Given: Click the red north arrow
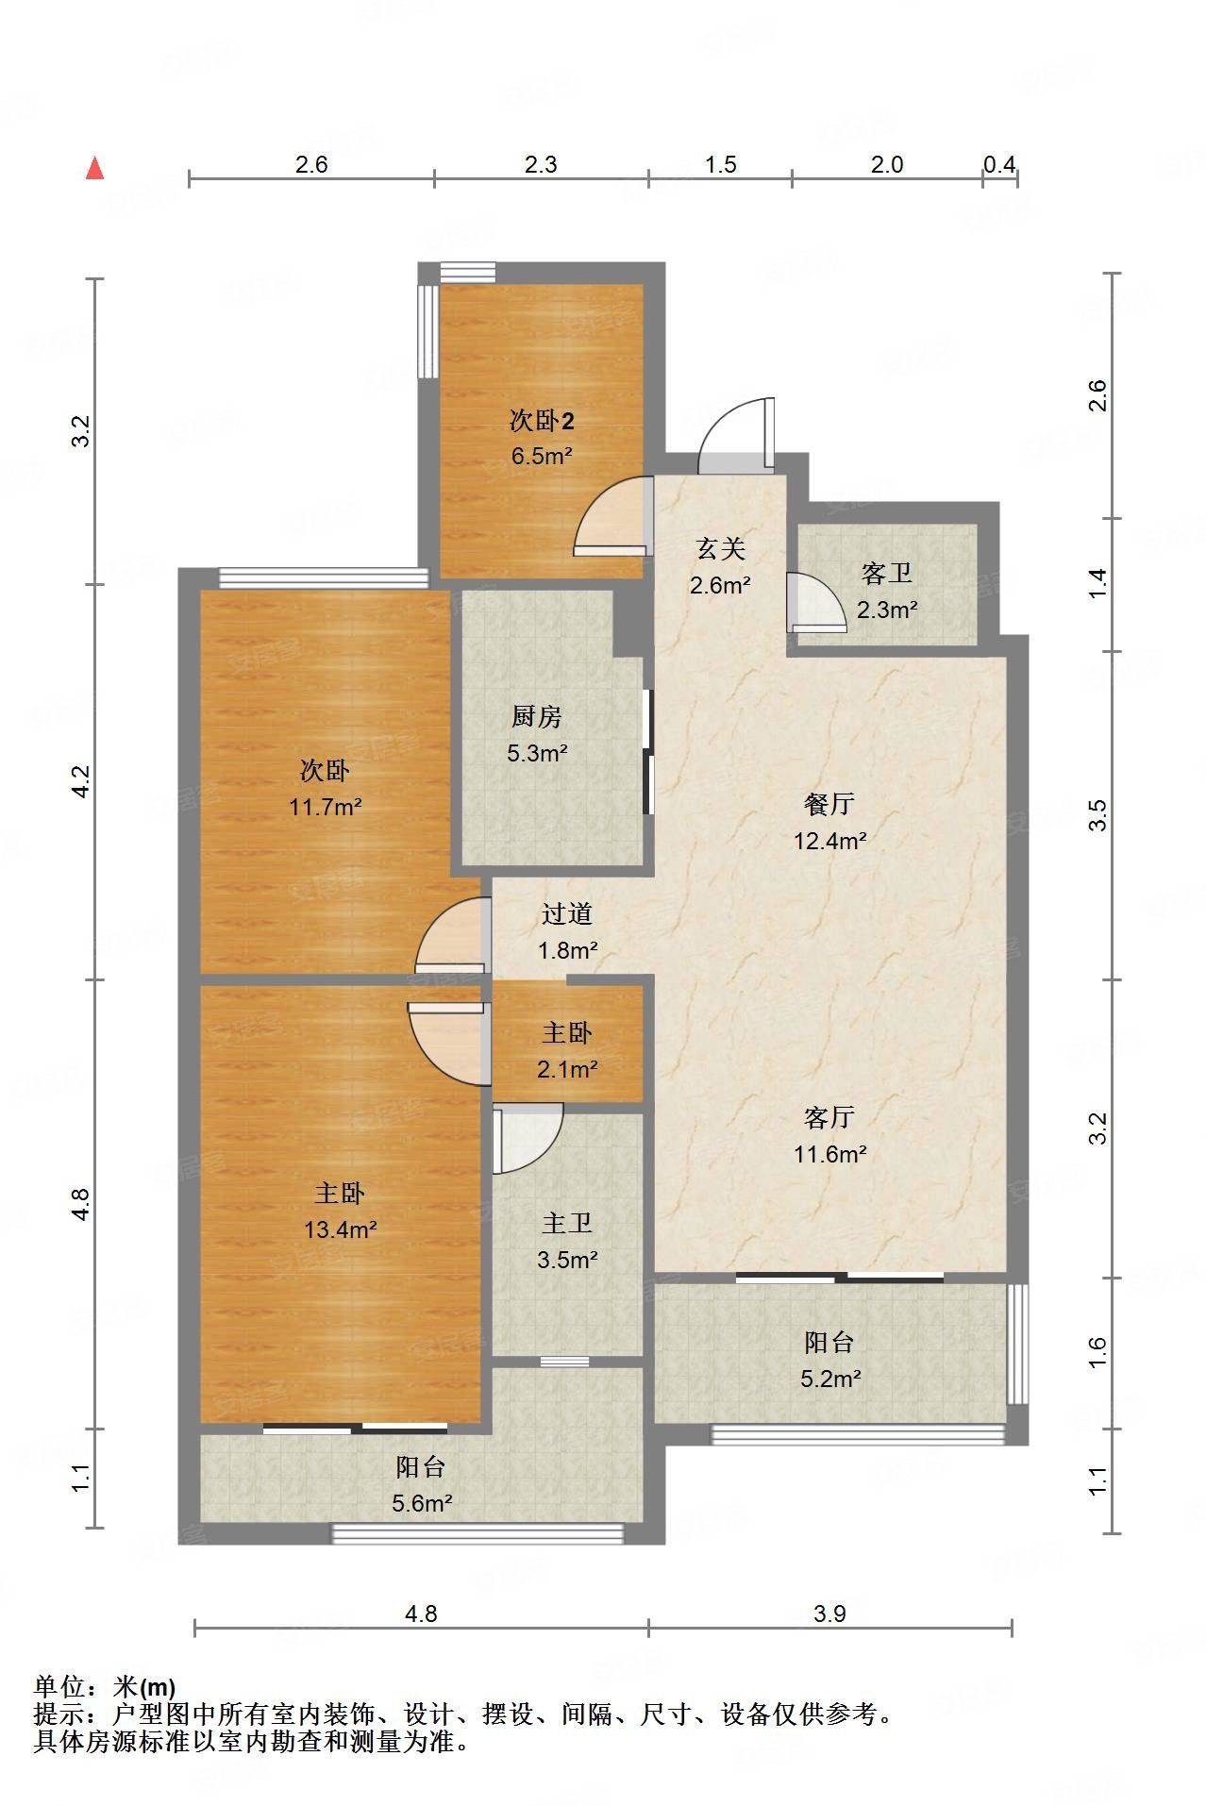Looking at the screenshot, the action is (94, 169).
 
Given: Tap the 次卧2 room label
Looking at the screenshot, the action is (542, 420).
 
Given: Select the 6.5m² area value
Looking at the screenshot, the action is (542, 456).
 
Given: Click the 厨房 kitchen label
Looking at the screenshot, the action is (537, 717).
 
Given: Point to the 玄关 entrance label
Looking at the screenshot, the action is (721, 549).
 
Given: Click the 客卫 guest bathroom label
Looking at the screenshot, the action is (887, 574).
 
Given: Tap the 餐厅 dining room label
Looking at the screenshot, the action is (829, 804).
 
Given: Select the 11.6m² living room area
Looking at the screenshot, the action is (829, 1153).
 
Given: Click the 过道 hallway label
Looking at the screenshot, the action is (567, 913).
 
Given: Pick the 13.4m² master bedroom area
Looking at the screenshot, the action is (341, 1229).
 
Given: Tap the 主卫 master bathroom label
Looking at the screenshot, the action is (567, 1223).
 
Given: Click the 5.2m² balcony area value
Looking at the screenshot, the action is (830, 1379).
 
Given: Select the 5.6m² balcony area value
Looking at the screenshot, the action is (423, 1503).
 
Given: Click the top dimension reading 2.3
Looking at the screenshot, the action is (541, 164).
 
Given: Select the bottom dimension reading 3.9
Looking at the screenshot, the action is (829, 1614).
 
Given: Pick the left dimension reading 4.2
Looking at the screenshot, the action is (82, 782).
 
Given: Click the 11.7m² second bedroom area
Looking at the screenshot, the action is (326, 807).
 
